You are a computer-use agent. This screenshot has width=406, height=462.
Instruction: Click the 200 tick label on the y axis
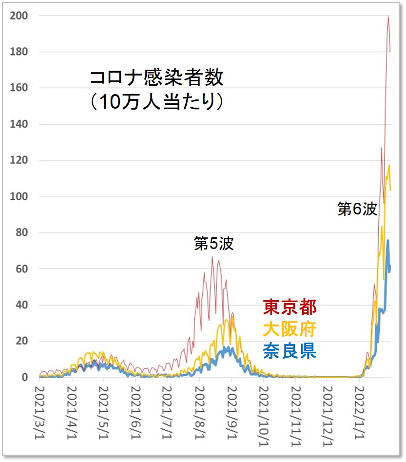pyautogui.click(x=20, y=16)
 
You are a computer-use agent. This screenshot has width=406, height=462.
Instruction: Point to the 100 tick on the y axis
pyautogui.click(x=20, y=196)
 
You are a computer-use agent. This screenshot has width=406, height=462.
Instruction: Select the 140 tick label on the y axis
pyautogui.click(x=20, y=124)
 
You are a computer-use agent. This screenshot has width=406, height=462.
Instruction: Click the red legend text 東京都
pyautogui.click(x=290, y=307)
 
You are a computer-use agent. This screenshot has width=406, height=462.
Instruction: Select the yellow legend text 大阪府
pyautogui.click(x=290, y=329)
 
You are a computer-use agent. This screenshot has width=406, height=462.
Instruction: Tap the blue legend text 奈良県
pyautogui.click(x=290, y=350)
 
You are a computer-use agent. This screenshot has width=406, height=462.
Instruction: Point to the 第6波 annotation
pyautogui.click(x=357, y=209)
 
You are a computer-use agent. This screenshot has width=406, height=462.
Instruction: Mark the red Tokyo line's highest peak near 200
pyautogui.click(x=388, y=17)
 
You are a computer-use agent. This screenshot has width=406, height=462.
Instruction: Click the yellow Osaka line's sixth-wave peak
pyautogui.click(x=389, y=165)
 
